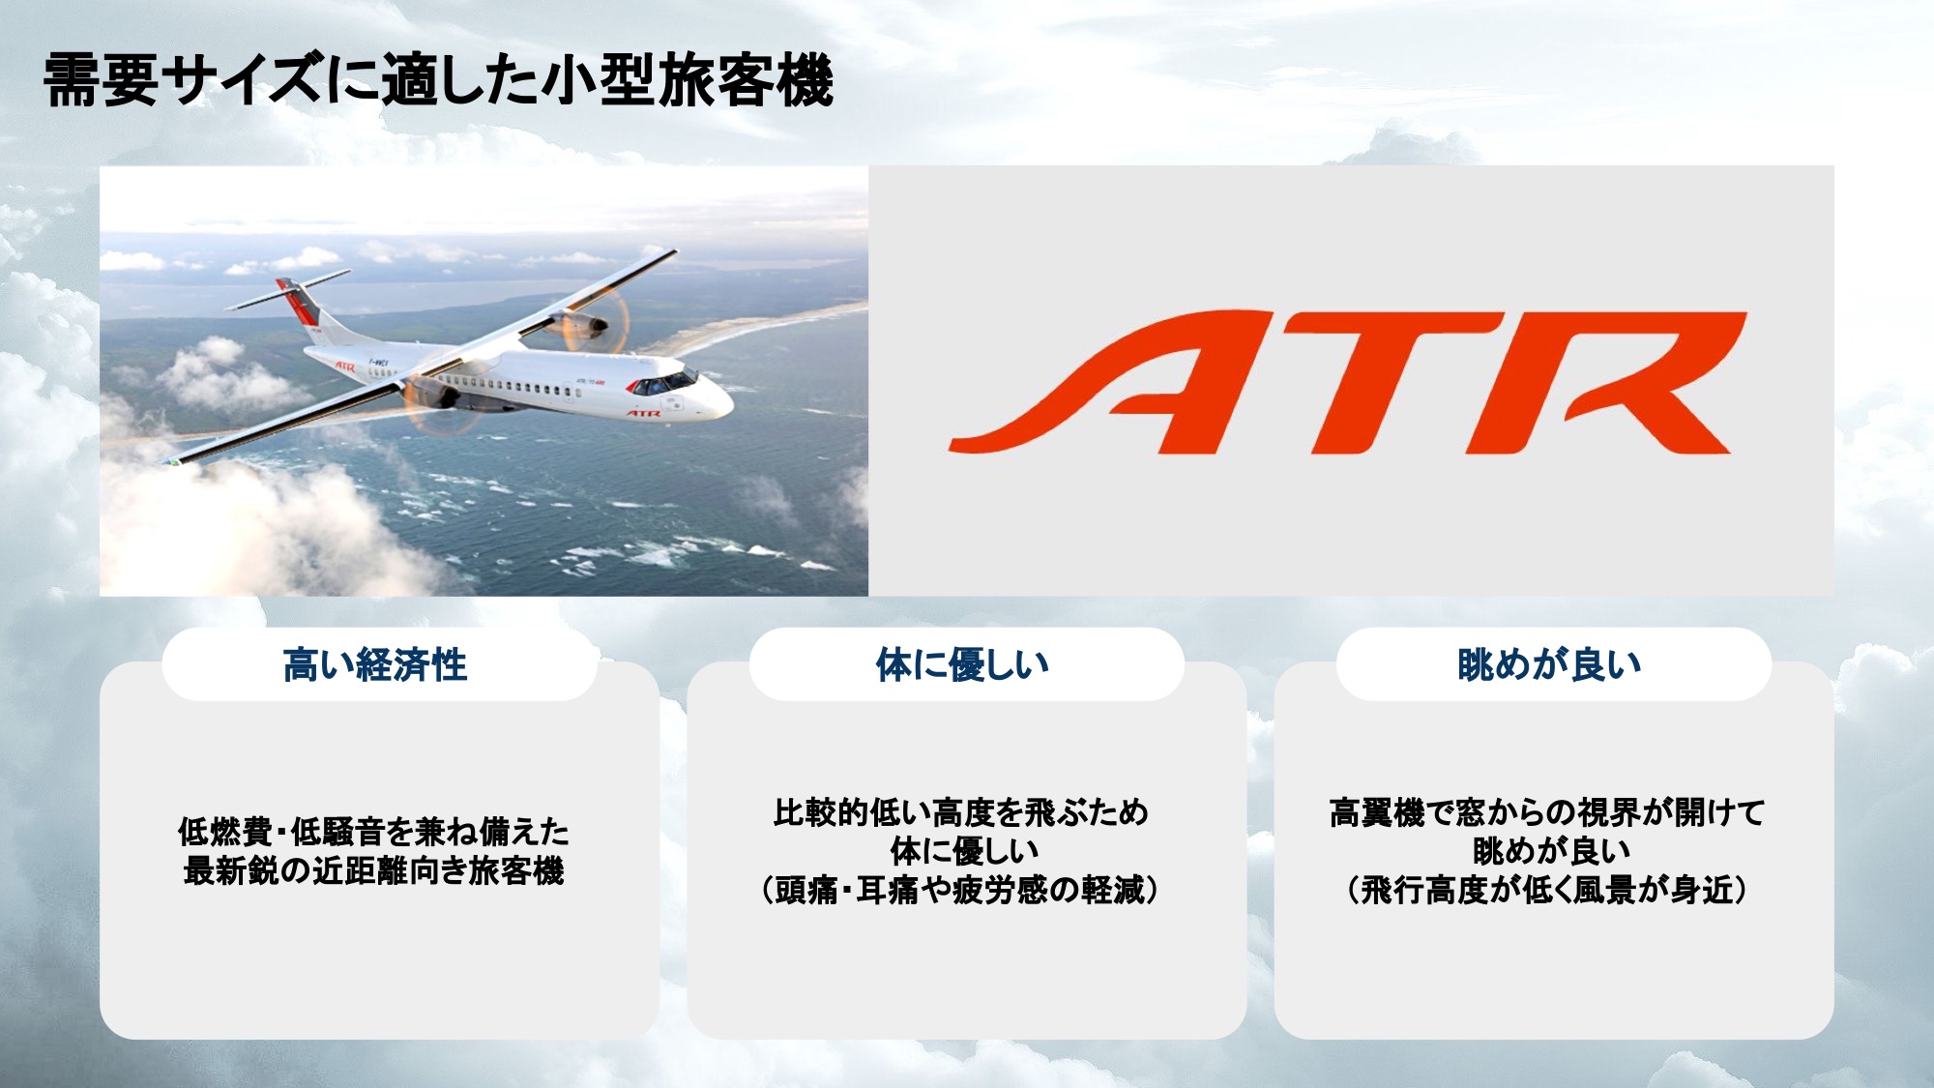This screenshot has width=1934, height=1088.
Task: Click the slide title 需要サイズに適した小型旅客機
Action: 438,80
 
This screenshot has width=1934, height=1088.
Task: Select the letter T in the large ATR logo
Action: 1392,382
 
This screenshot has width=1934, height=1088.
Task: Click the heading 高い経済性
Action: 375,665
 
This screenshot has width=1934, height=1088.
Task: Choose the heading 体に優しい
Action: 963,665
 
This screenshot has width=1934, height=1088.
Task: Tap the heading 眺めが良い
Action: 1550,665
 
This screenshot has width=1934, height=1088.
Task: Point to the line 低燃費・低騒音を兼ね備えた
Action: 374,831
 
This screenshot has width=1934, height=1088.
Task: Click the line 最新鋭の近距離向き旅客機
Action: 374,870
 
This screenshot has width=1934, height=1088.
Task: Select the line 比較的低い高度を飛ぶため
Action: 961,812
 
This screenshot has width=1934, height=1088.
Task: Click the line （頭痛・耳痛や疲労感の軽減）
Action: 961,890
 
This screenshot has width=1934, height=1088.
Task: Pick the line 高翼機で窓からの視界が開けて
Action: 1547,812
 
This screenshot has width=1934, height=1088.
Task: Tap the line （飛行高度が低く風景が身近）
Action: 1547,890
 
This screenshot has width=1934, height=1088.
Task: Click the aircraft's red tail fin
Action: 298,302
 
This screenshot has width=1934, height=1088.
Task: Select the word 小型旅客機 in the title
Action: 687,80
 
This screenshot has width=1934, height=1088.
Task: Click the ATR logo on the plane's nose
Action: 642,414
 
